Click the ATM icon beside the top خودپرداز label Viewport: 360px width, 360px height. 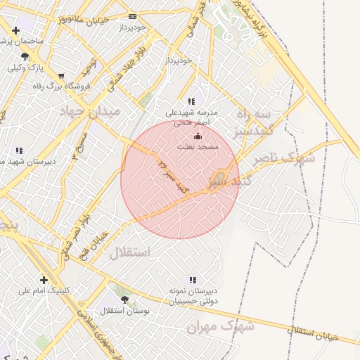point(133,16)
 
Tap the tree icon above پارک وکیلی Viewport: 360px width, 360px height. point(25,56)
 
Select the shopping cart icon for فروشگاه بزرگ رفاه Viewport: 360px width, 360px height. point(62,76)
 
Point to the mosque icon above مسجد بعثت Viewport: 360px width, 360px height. point(198,136)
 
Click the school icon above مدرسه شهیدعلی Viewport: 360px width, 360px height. point(191,101)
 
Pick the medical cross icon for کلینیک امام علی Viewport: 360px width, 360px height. point(44,279)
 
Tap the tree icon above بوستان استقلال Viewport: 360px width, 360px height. point(124,299)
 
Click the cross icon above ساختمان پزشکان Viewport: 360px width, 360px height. point(16,30)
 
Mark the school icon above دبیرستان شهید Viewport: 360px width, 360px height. point(18,150)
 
